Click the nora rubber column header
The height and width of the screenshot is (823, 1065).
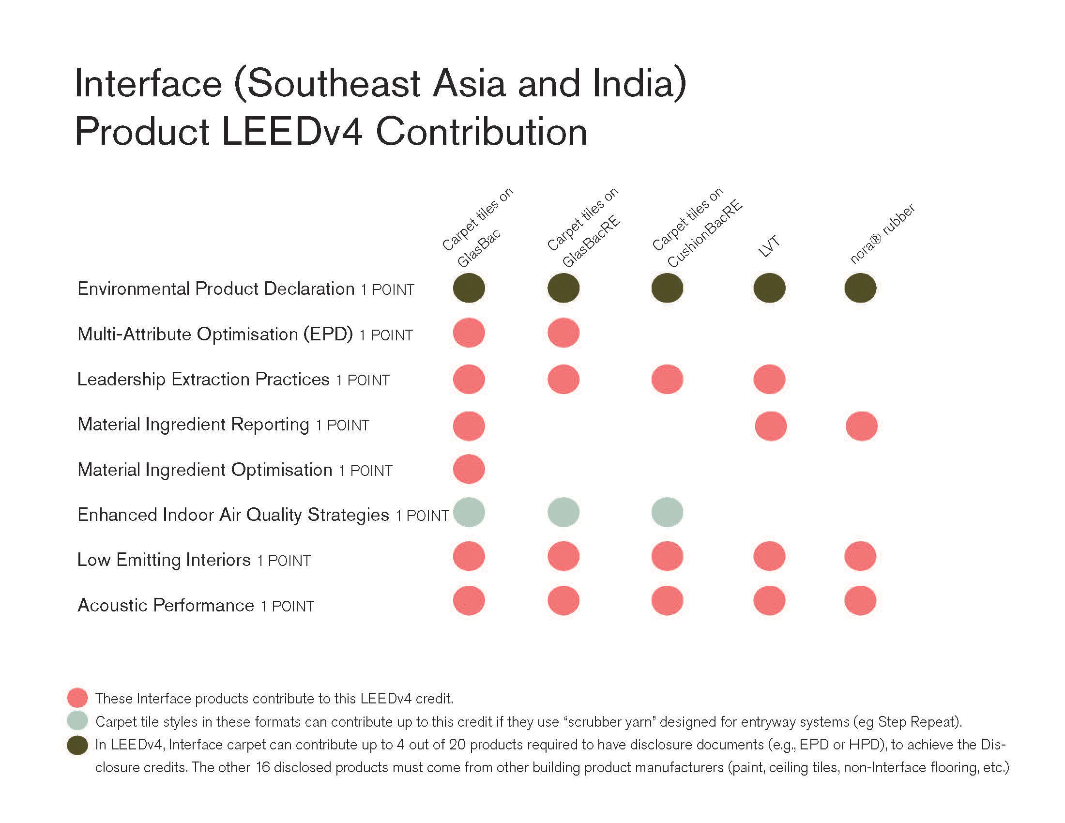click(x=882, y=234)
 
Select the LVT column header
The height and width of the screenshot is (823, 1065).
click(x=769, y=247)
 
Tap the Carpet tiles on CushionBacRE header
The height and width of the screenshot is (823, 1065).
click(x=696, y=228)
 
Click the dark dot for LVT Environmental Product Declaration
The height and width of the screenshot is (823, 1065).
click(x=769, y=288)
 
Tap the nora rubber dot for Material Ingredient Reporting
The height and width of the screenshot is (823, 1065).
click(x=861, y=426)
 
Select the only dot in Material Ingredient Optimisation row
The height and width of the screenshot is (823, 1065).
click(x=469, y=469)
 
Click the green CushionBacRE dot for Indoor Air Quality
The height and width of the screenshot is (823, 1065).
click(x=667, y=512)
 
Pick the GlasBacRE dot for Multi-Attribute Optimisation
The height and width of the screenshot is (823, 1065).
click(x=563, y=333)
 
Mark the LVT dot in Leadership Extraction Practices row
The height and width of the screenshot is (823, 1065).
click(x=769, y=380)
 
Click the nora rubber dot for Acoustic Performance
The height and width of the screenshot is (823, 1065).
click(x=860, y=601)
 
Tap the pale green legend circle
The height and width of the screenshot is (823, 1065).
click(x=77, y=721)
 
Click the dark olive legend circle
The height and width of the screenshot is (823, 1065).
click(x=77, y=746)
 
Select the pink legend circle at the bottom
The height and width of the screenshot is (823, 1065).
click(x=77, y=698)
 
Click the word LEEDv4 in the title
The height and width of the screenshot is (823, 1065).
click(x=291, y=132)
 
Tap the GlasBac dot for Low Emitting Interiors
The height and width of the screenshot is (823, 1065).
click(x=469, y=556)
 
